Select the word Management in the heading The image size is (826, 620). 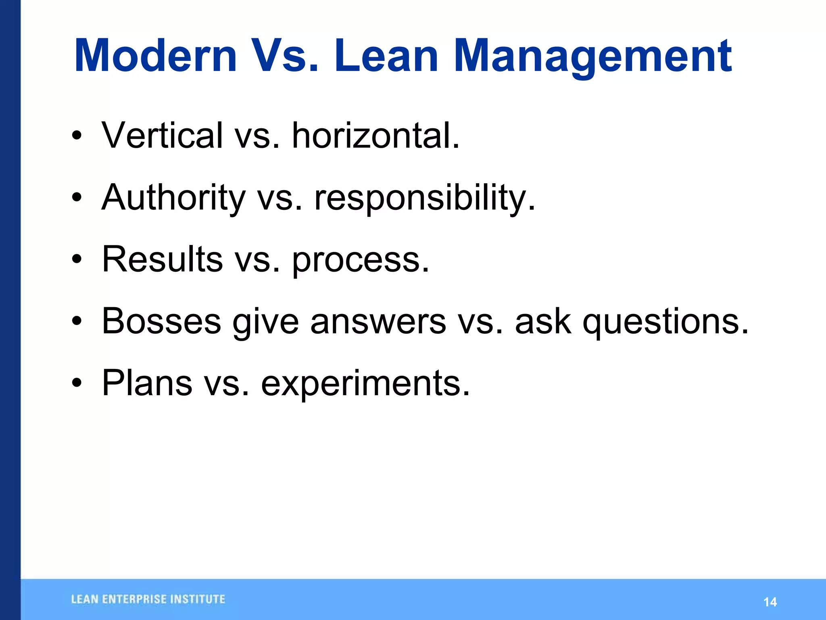pyautogui.click(x=593, y=57)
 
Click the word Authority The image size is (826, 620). pyautogui.click(x=173, y=198)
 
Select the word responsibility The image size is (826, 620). pyautogui.click(x=424, y=198)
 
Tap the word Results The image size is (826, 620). pyautogui.click(x=162, y=259)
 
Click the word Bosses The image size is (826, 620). pyautogui.click(x=161, y=321)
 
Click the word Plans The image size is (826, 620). pyautogui.click(x=147, y=383)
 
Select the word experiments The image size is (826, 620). pyautogui.click(x=365, y=383)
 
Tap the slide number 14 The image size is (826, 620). pyautogui.click(x=770, y=602)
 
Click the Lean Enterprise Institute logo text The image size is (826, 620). pyautogui.click(x=148, y=599)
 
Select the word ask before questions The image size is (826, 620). pyautogui.click(x=543, y=321)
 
